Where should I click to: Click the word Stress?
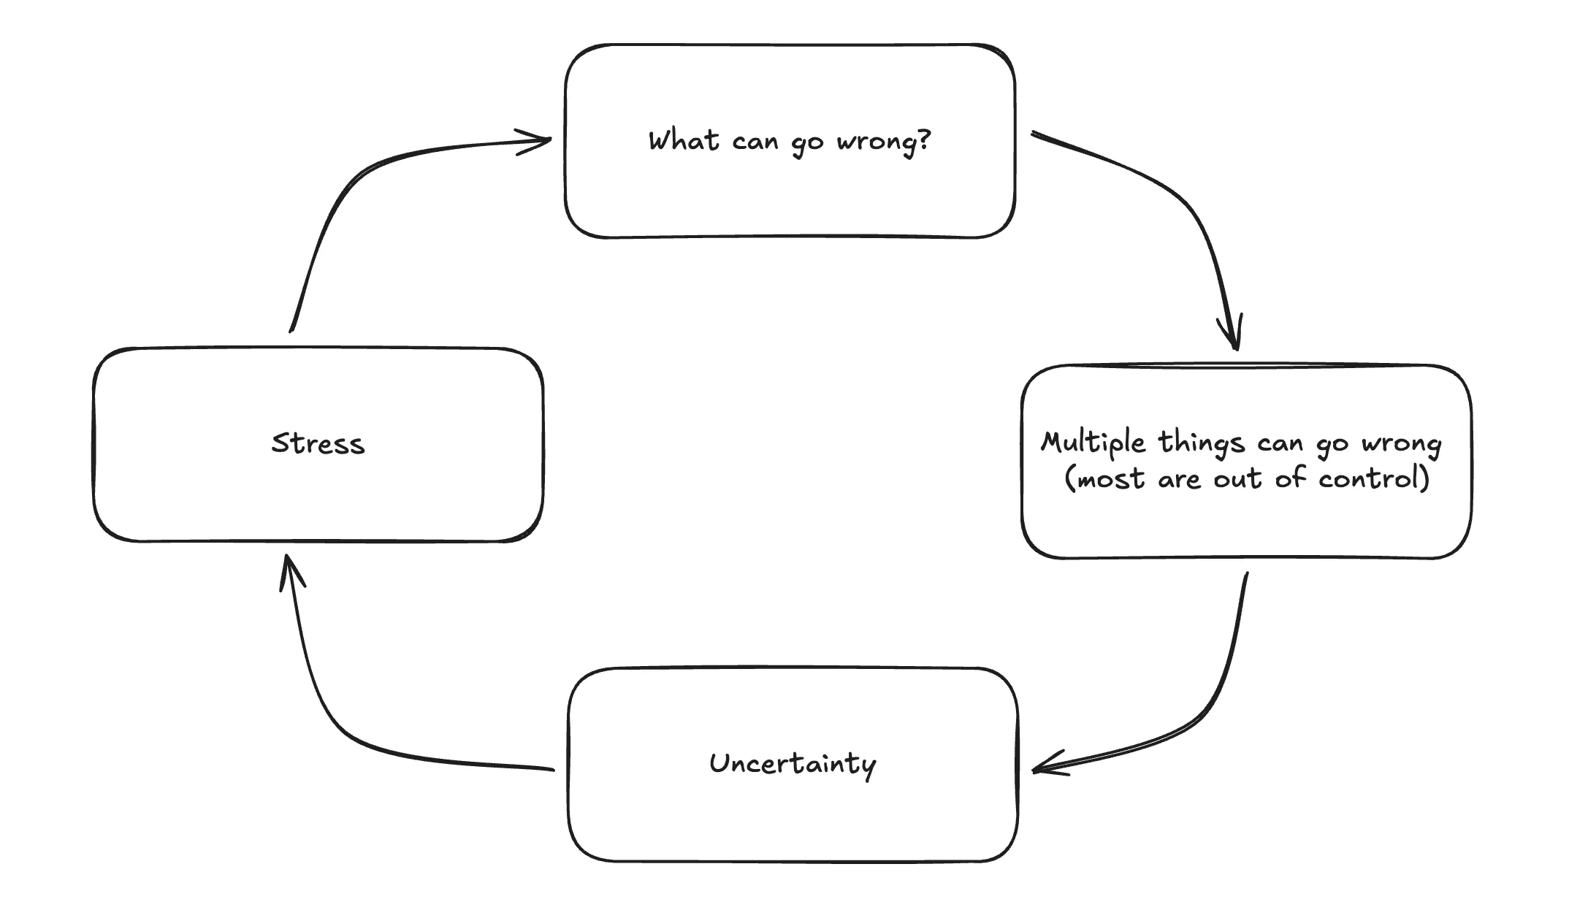(318, 444)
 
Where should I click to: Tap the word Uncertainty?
(793, 764)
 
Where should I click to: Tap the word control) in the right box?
(1374, 479)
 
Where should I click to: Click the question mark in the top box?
(925, 139)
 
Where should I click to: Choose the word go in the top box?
(807, 142)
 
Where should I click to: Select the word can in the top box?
(755, 141)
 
